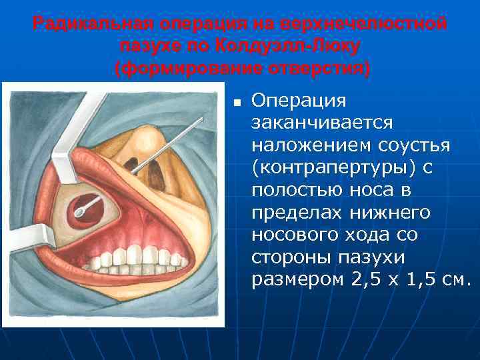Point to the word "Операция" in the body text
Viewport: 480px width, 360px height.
pyautogui.click(x=298, y=101)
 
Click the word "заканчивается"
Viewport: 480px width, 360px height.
pyautogui.click(x=323, y=123)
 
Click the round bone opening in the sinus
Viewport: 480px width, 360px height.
pyautogui.click(x=85, y=203)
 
